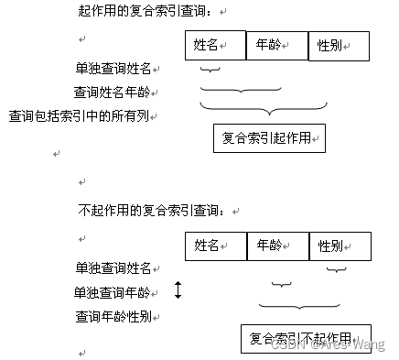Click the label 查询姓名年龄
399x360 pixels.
point(115,92)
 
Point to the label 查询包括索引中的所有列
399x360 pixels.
point(83,115)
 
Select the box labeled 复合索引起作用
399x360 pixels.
point(269,137)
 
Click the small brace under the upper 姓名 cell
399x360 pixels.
point(210,70)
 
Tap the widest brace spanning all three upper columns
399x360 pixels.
point(264,109)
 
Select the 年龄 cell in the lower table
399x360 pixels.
point(278,245)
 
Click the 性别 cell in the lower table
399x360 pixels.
point(340,245)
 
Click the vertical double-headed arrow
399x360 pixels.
point(178,290)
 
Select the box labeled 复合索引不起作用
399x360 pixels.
point(306,337)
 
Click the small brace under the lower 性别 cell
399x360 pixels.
point(337,269)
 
